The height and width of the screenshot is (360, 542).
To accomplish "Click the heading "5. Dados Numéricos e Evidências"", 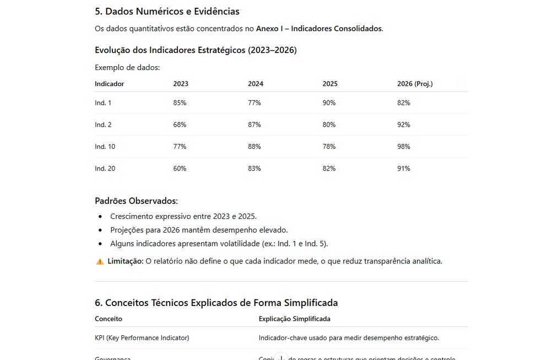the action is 167,11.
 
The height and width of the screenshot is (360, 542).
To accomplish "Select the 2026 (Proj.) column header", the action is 415,84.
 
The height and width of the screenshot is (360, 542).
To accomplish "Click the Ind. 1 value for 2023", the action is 180,103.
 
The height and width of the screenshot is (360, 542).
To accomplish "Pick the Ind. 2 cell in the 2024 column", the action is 254,125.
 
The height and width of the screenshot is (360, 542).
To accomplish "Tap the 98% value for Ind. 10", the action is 403,147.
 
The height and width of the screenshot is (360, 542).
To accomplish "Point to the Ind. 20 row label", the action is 105,169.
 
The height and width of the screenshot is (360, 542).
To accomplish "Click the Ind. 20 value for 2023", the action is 180,169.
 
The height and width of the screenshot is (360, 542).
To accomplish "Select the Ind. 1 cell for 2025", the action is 329,103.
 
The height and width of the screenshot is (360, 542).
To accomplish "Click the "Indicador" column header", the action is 109,84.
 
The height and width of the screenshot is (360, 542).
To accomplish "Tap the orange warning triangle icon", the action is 100,261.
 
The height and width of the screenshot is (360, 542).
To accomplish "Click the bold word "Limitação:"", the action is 126,261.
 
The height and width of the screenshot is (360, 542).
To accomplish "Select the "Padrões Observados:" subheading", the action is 136,201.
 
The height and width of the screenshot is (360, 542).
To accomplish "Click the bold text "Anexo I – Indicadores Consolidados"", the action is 318,29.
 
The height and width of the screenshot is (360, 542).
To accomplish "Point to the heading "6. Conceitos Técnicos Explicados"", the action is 216,303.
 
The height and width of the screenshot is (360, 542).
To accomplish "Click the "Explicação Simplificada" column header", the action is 294,319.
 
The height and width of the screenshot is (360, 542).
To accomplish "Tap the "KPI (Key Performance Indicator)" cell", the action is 142,337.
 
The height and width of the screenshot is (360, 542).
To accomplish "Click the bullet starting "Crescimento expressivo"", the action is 183,216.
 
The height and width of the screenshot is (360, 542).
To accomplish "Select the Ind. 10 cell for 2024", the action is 254,147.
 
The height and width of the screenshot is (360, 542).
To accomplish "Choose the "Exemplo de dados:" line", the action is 127,68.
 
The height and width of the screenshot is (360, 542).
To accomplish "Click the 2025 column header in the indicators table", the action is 330,84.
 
